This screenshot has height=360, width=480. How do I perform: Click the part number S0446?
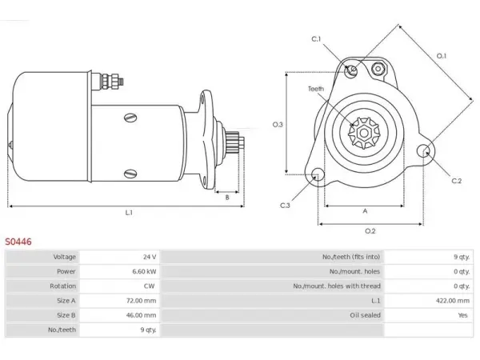pos(18,242)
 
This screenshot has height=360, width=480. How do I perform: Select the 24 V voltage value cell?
pos(150,257)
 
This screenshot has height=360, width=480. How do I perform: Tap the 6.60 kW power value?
pos(144,271)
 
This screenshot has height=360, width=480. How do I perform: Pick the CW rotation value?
pos(149,286)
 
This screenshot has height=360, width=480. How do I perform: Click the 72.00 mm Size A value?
pos(141,301)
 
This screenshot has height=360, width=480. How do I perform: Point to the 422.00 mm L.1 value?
pos(453,301)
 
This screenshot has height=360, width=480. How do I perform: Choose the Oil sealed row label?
pos(366,315)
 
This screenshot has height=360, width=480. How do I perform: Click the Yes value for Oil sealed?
pos(463,315)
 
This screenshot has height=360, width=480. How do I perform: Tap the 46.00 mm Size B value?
pos(141,315)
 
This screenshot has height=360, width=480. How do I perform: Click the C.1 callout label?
pos(316,39)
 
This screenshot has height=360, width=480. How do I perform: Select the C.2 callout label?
pos(457,181)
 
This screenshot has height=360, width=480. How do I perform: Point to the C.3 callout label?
pos(285,206)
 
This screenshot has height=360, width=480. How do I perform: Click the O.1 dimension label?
pos(442,56)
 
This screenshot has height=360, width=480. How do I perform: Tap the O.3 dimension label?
pos(278,125)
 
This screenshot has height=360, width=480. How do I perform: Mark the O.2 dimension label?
pos(370,231)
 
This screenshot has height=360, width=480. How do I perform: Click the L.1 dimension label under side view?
pos(129,213)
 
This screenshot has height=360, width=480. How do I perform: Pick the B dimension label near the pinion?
pos(227,198)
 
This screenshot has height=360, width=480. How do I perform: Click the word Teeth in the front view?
pos(316,89)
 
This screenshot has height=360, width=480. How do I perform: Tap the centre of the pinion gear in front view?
pos(364,133)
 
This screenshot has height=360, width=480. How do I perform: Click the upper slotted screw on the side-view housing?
pos(130,118)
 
